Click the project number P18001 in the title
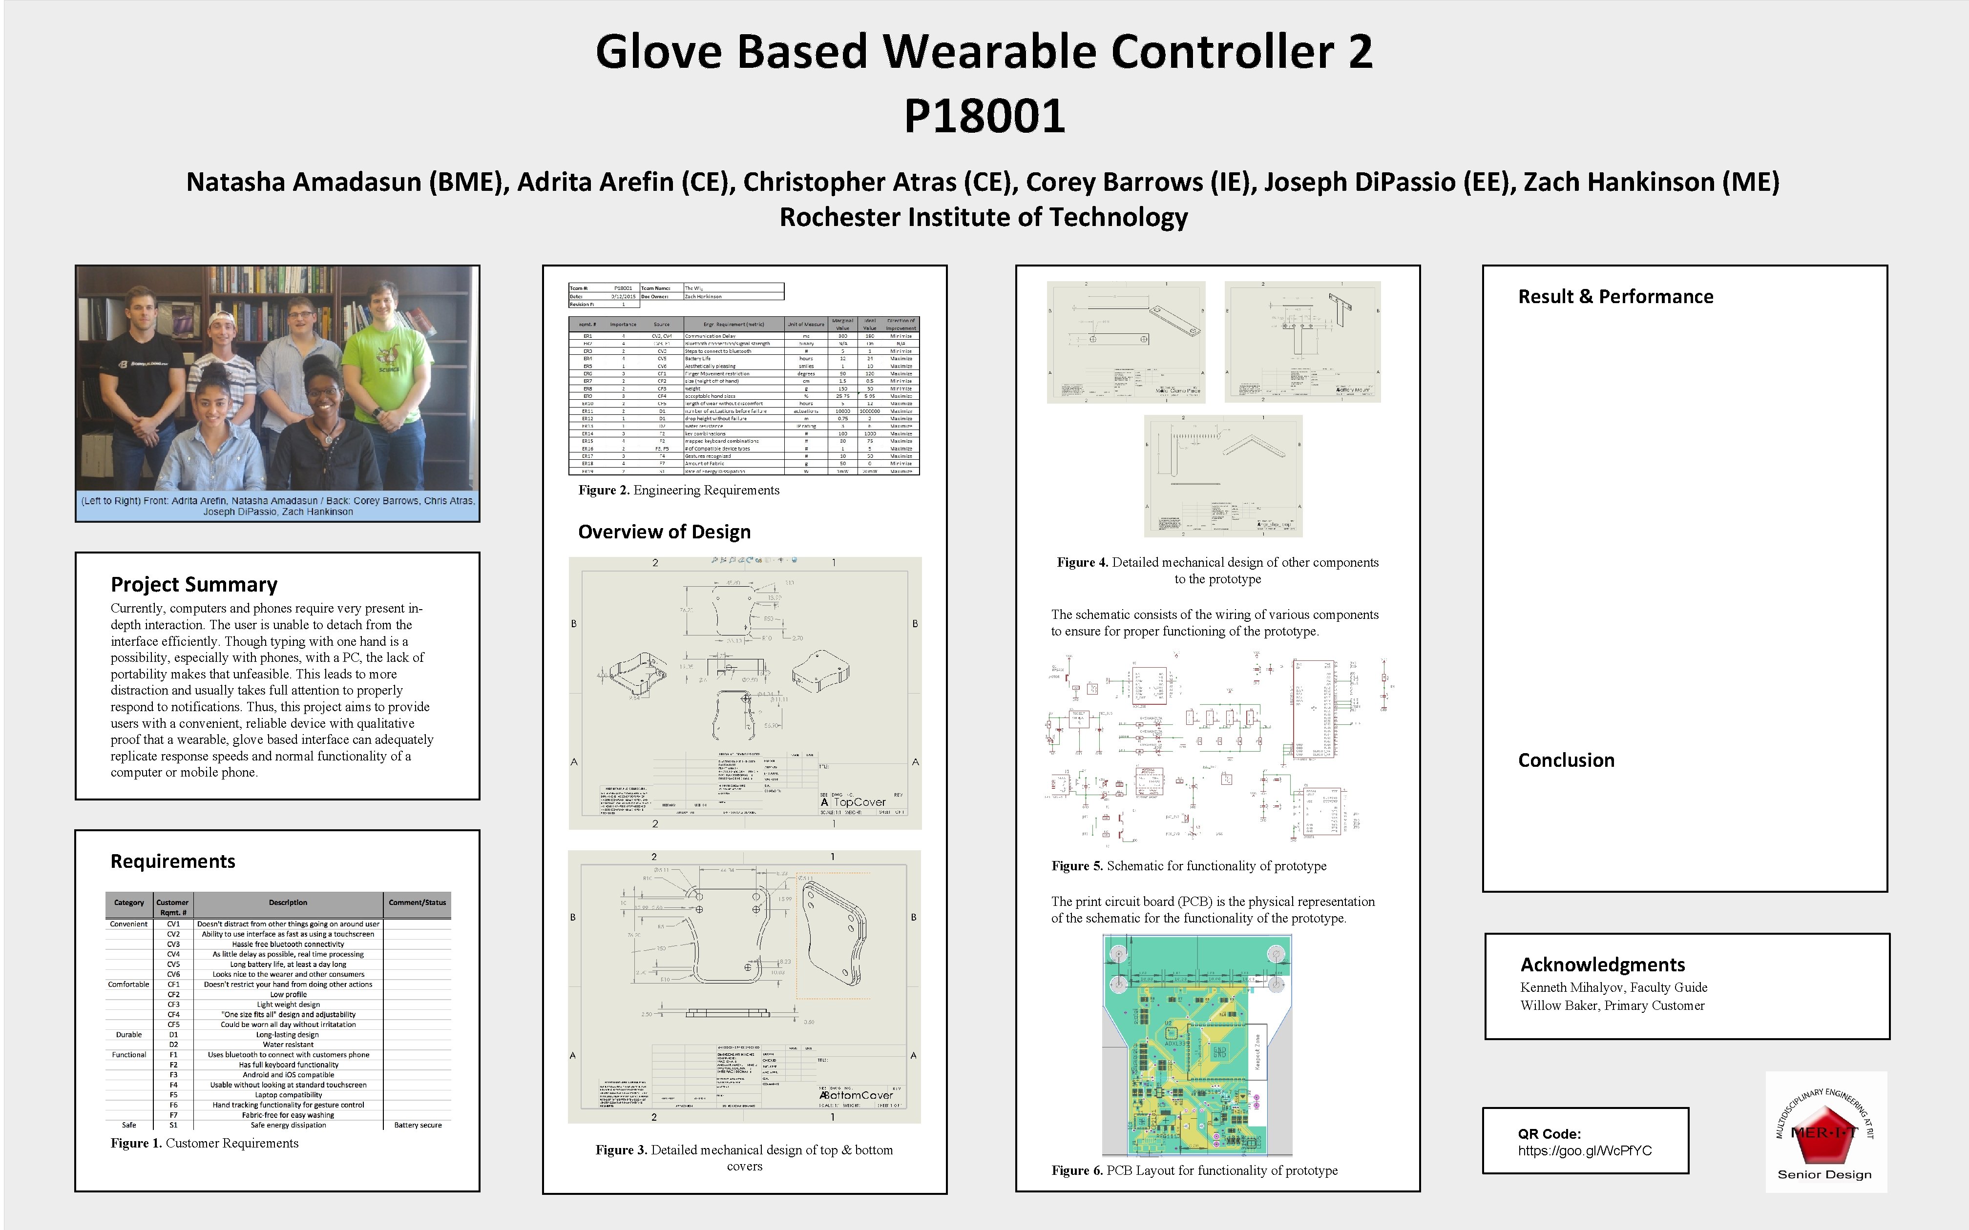tap(984, 116)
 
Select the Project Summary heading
tap(194, 585)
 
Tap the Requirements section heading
tap(172, 861)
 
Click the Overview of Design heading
tap(664, 532)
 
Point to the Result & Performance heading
tap(1615, 297)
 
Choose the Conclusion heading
tap(1566, 760)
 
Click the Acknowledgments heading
tap(1602, 965)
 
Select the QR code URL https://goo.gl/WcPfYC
tap(1584, 1151)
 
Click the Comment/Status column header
tap(417, 903)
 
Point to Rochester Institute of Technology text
tap(983, 217)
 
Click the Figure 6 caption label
tap(1076, 1170)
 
